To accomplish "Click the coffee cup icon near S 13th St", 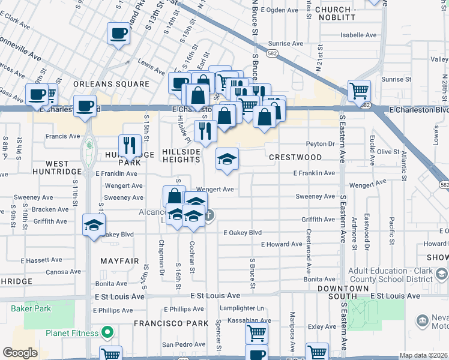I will [x=118, y=34].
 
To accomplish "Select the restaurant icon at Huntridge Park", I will [x=130, y=145].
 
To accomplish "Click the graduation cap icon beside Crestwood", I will [x=227, y=158].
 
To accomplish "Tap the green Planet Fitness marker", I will [x=108, y=332].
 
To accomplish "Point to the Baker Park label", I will [x=31, y=308].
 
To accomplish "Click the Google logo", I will [x=19, y=353].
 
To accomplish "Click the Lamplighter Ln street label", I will [x=243, y=308].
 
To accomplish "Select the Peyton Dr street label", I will [x=319, y=144].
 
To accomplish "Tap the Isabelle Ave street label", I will [x=358, y=35].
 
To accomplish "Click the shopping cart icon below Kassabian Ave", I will [x=256, y=332].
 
